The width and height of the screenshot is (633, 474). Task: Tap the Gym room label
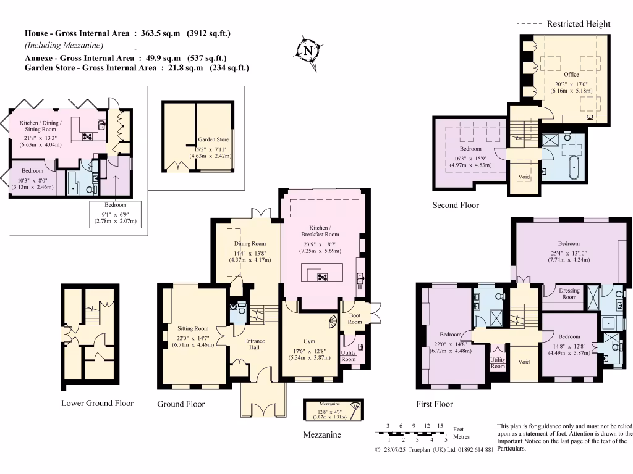point(308,341)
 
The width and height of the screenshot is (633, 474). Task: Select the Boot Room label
point(355,318)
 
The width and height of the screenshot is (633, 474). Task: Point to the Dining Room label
point(250,244)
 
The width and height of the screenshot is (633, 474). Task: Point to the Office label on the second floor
point(571,75)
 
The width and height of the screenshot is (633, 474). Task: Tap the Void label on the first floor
point(524,362)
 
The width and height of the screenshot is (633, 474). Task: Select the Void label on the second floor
point(524,177)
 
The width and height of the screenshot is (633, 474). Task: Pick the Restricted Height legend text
point(578,24)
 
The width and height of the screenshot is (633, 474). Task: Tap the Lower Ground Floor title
point(97,404)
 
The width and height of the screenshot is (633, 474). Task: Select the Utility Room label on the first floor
point(498,363)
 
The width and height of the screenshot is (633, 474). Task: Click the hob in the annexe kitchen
point(87,137)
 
